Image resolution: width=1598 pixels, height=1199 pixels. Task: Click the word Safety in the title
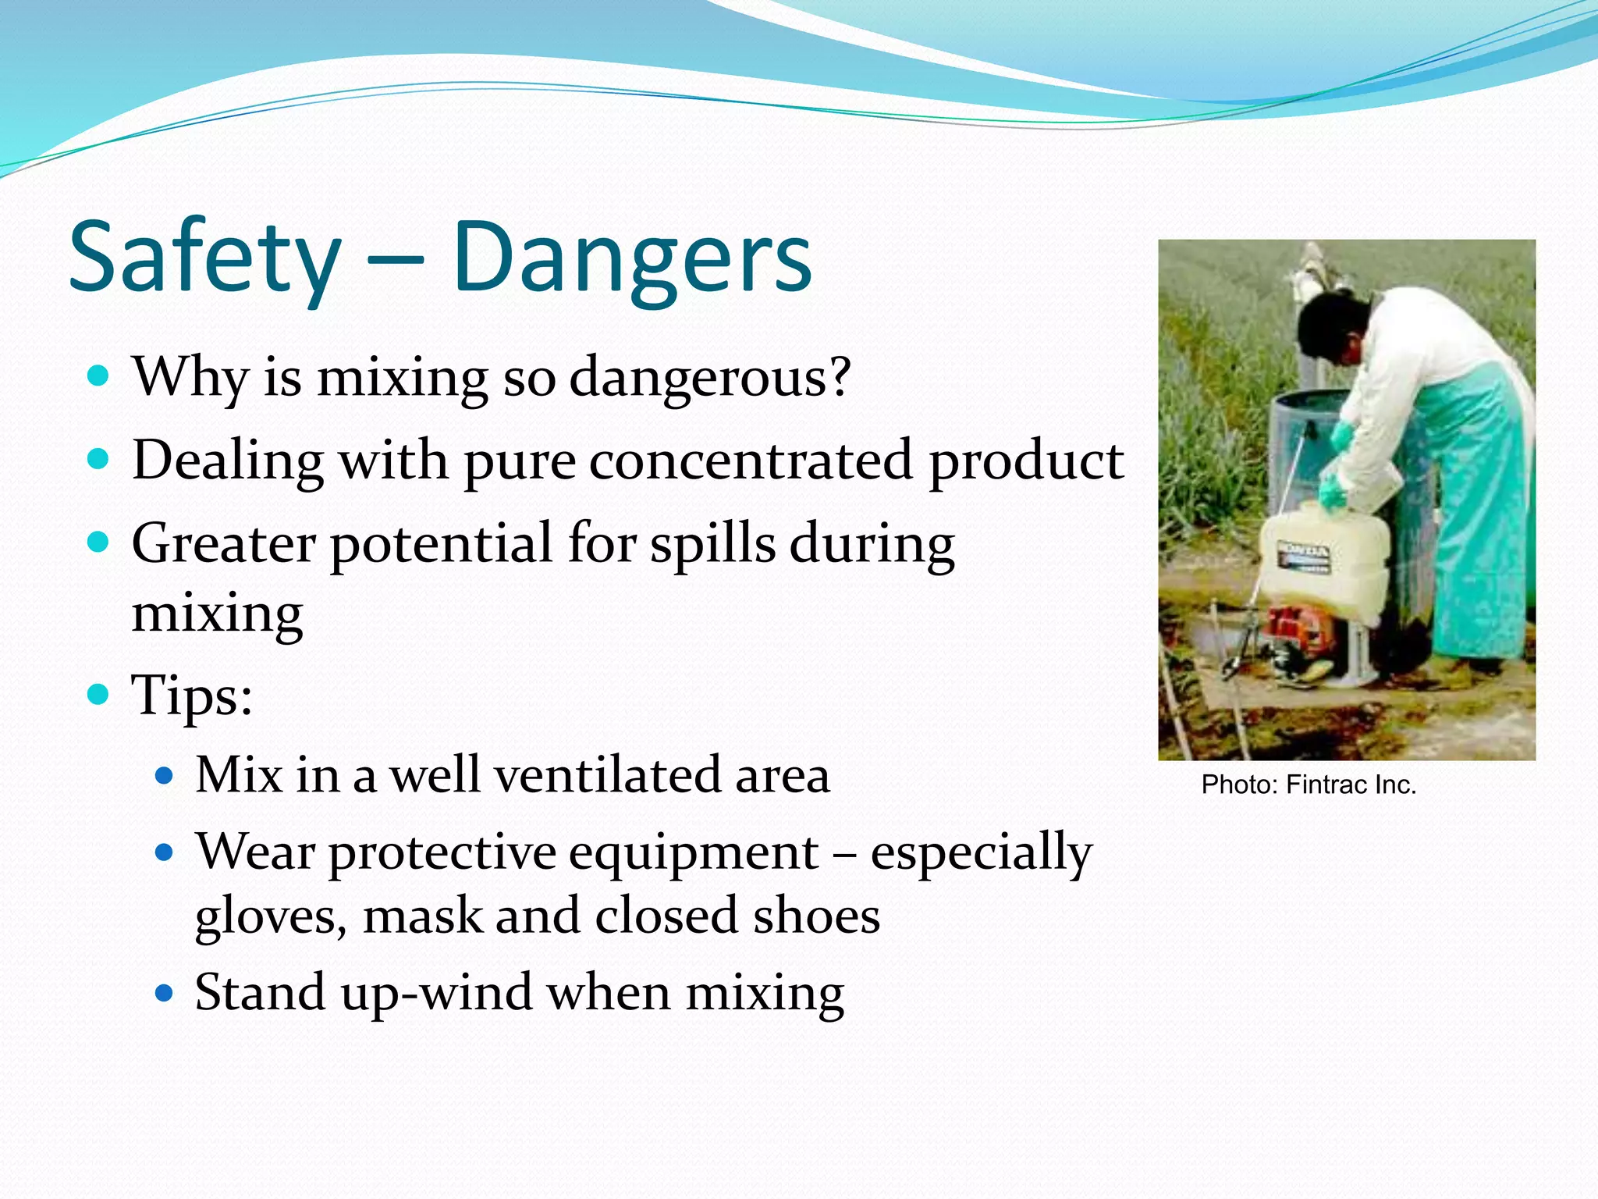(204, 258)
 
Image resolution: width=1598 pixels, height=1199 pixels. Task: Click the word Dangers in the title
(632, 258)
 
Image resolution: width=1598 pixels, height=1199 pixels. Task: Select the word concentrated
(751, 461)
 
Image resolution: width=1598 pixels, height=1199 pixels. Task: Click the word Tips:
(192, 695)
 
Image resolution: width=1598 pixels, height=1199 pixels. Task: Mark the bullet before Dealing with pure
(98, 459)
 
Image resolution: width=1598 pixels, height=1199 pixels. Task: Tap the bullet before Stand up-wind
(163, 993)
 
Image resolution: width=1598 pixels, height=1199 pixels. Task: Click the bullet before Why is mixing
(98, 376)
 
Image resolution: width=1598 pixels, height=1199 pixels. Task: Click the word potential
(442, 544)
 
